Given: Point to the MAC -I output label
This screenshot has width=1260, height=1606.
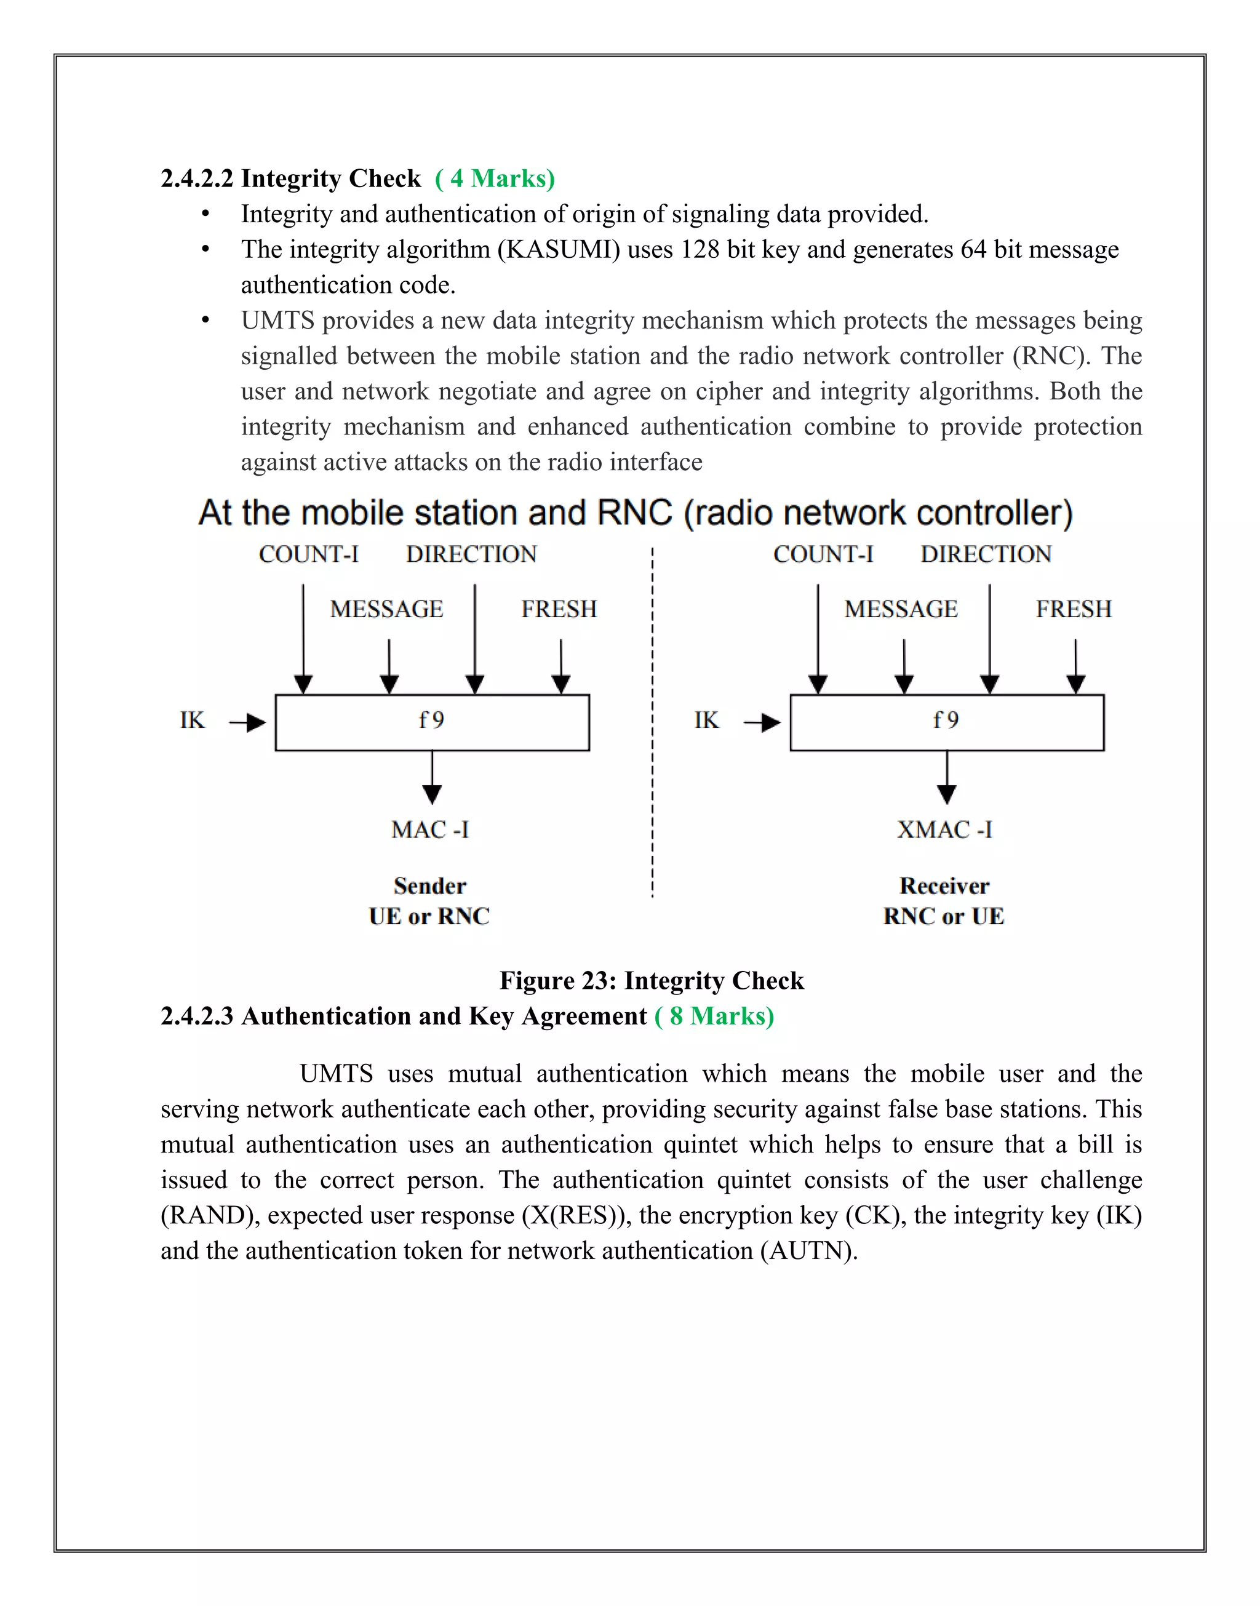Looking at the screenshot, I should click(x=430, y=830).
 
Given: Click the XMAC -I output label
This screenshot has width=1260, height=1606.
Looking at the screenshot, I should click(x=944, y=830).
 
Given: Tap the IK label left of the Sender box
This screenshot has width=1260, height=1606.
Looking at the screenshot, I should click(x=192, y=720).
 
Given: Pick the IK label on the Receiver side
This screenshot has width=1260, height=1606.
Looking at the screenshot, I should click(x=706, y=720).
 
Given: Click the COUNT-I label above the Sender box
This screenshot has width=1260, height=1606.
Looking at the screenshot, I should click(x=308, y=554).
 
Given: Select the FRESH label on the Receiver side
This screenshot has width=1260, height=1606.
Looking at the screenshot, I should click(x=1074, y=609).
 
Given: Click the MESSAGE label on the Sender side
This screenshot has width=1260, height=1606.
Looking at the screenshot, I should click(x=386, y=609).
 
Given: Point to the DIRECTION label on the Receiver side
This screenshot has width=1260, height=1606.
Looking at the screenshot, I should click(x=986, y=554).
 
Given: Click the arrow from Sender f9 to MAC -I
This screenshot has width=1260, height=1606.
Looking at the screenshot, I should click(x=433, y=778).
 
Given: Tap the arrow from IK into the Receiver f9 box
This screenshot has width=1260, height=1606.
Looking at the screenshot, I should click(x=763, y=722).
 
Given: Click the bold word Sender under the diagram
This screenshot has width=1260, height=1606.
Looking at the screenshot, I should click(x=429, y=885).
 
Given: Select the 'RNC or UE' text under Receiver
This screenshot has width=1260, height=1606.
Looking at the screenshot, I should click(x=944, y=916).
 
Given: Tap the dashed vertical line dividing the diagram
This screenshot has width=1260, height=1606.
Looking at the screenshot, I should click(x=652, y=723).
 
